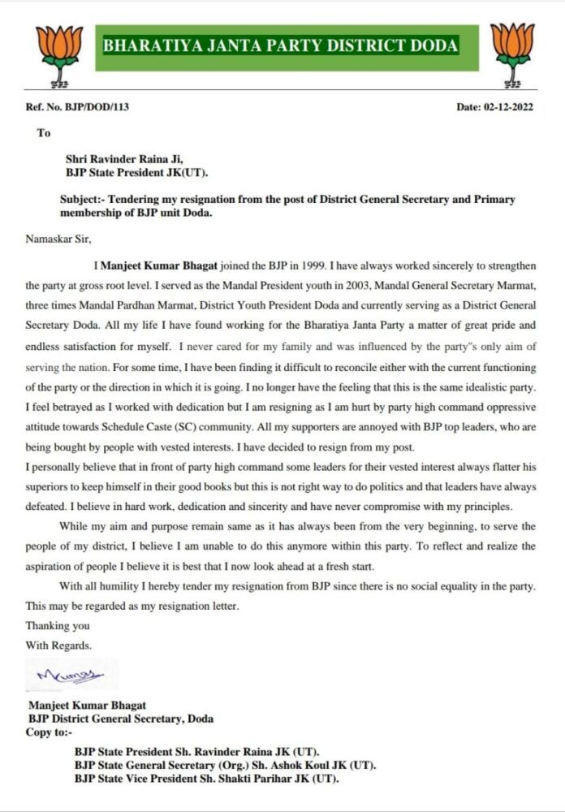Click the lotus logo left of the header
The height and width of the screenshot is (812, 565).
(59, 54)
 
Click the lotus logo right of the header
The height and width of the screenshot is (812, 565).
(512, 54)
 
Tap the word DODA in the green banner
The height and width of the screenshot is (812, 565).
(434, 46)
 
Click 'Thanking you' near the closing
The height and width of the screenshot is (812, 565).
(58, 625)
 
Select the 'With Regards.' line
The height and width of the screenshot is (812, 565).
(58, 646)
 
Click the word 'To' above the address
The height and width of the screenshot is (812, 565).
(43, 132)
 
